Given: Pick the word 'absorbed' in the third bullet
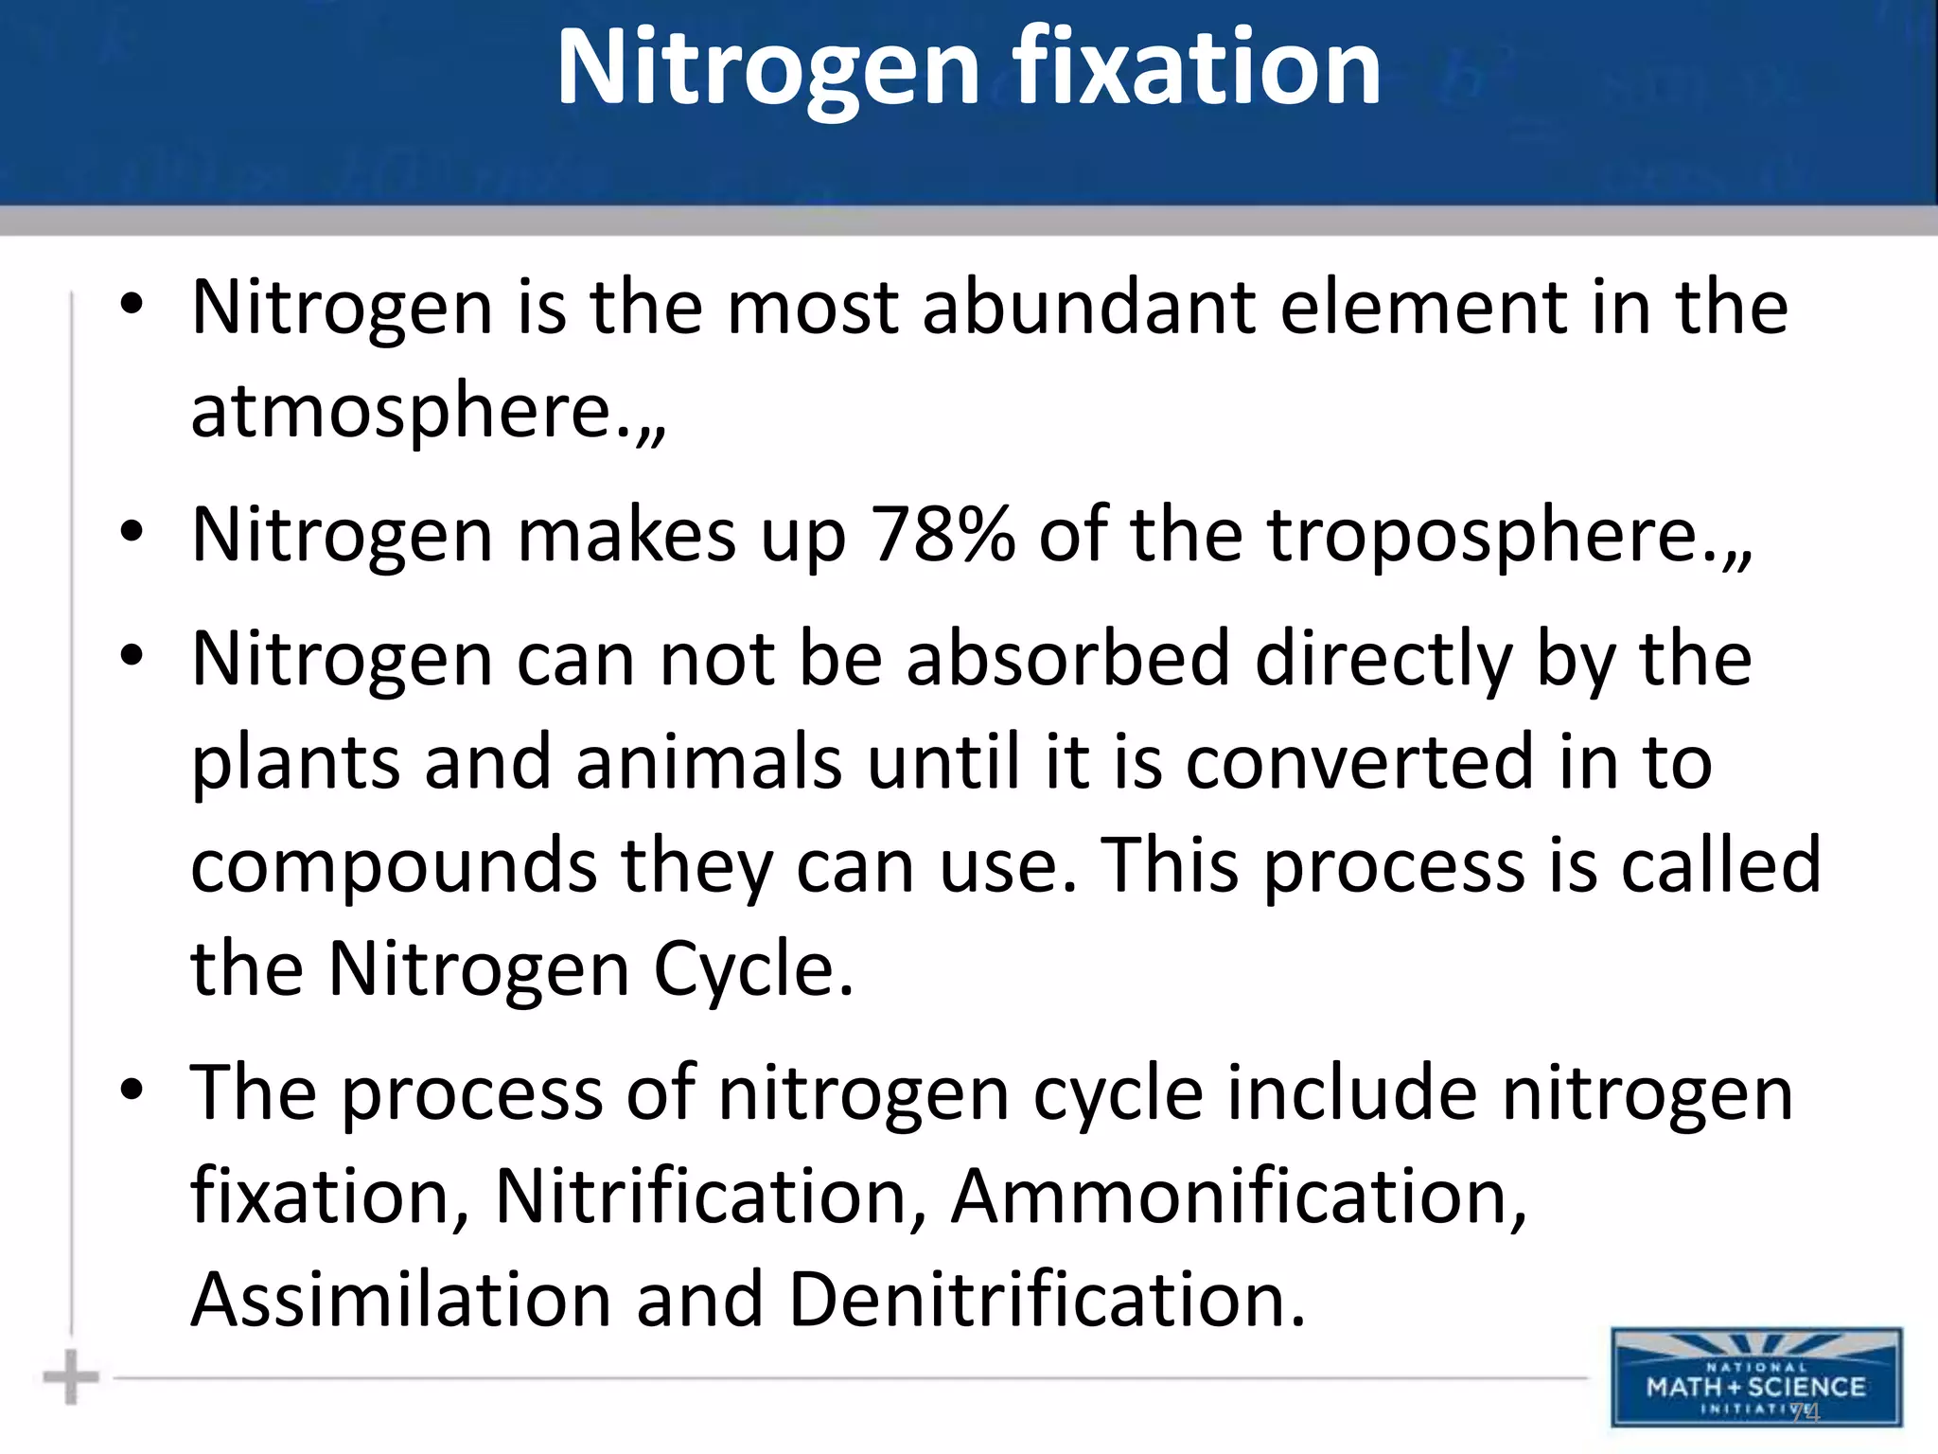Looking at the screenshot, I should click(x=1068, y=659).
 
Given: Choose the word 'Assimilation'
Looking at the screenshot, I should click(x=401, y=1300).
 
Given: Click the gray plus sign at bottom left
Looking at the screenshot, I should click(x=71, y=1377).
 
